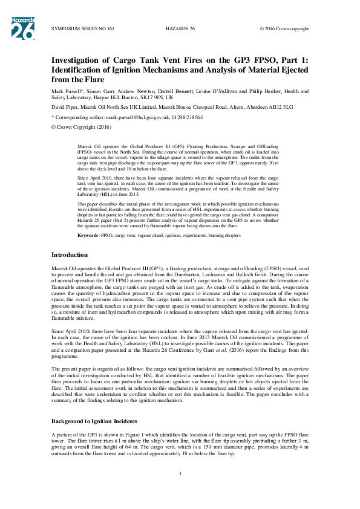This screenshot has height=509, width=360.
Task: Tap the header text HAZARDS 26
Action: (180, 28)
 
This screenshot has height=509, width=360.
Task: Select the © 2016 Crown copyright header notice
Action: (284, 28)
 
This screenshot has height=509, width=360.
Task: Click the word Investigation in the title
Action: (79, 60)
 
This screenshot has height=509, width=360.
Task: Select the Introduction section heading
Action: (70, 255)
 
